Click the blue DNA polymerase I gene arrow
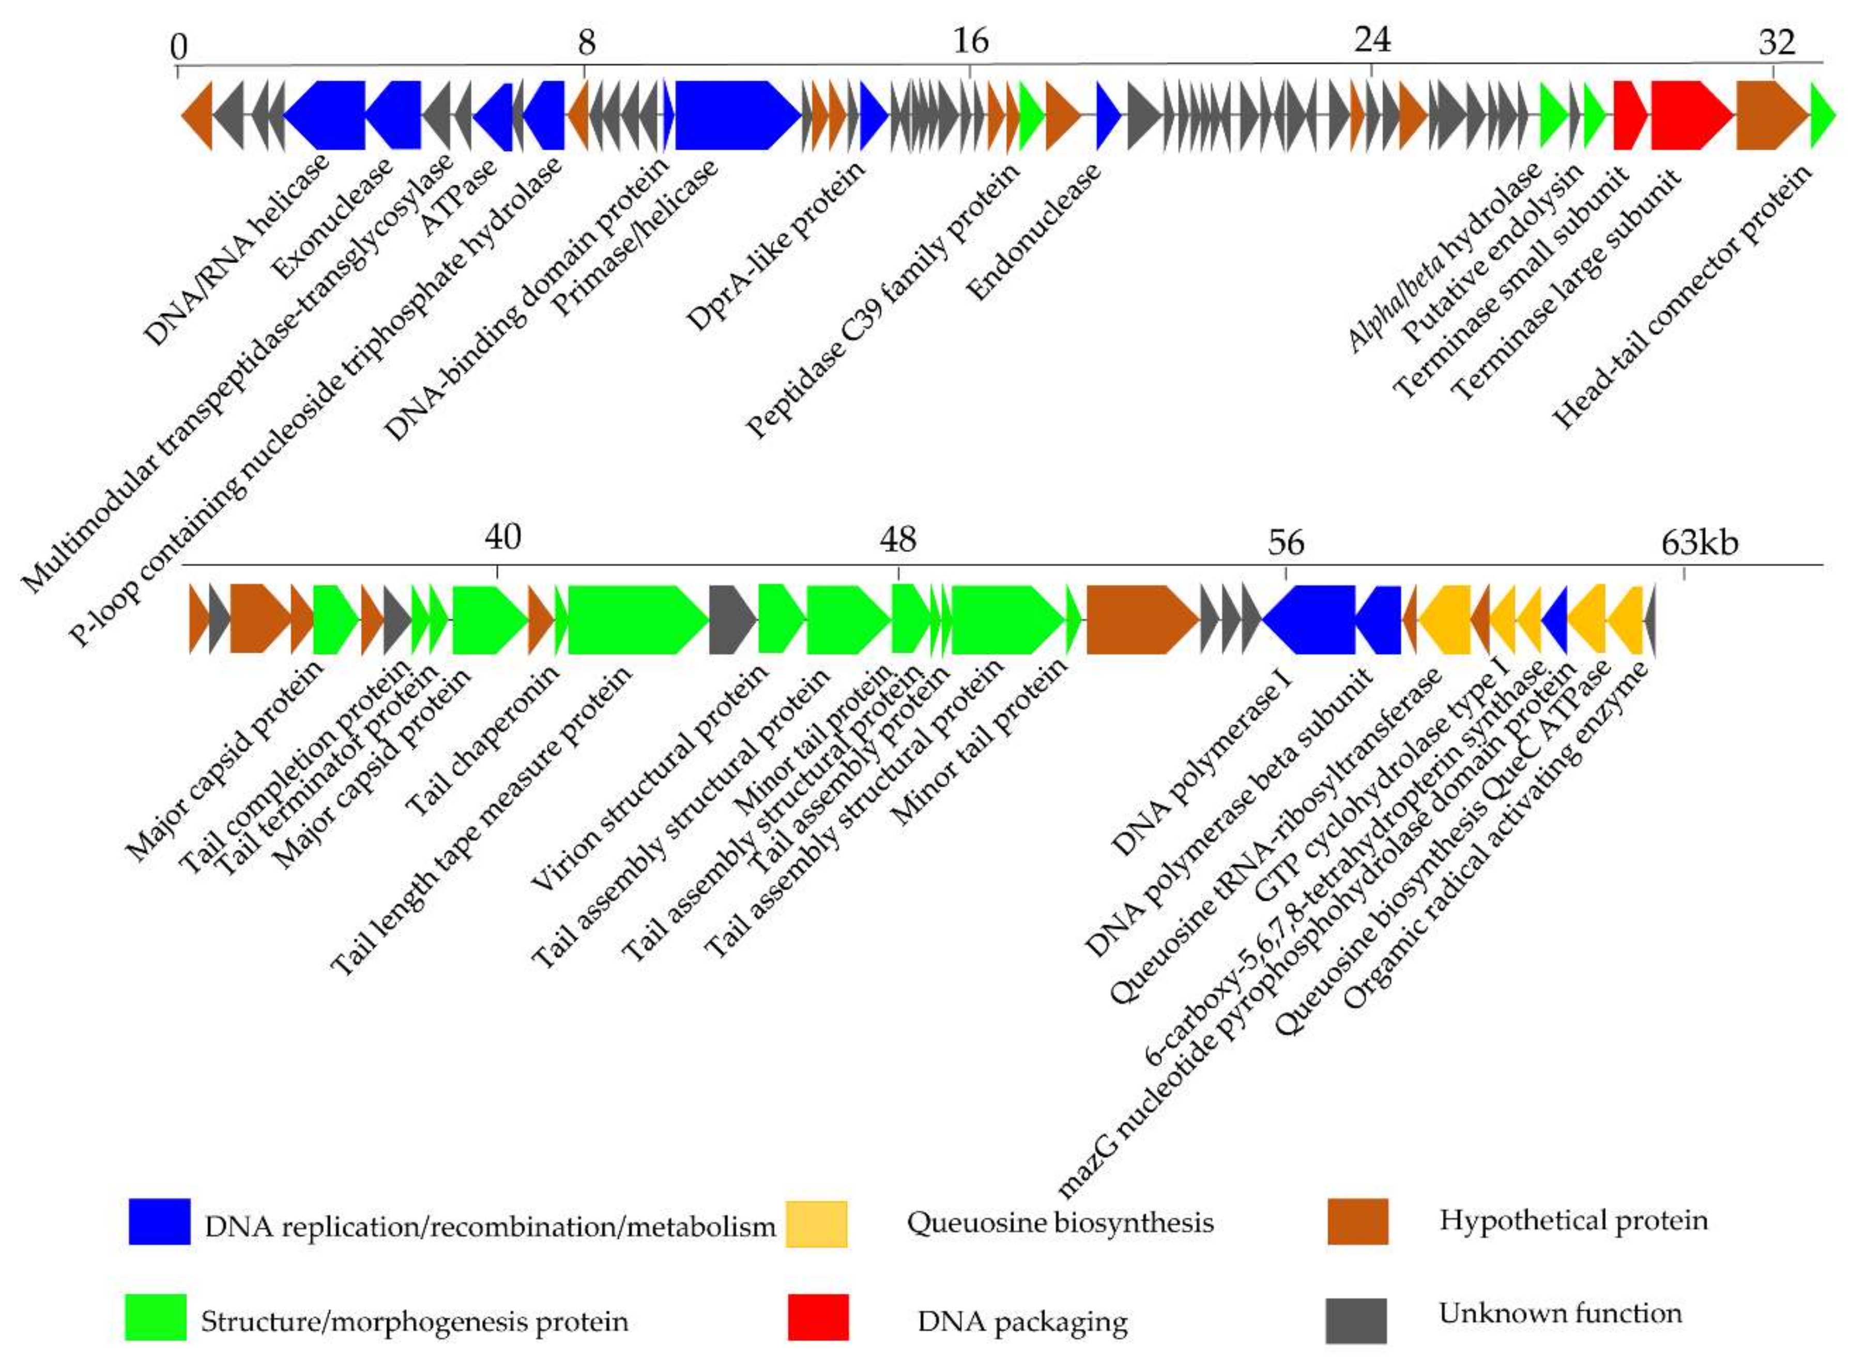point(1308,619)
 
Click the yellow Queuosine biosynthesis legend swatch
point(816,1223)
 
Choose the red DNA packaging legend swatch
point(818,1317)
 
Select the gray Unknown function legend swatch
point(1356,1319)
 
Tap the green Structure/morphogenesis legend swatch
point(156,1317)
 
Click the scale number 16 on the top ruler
point(971,40)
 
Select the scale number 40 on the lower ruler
point(503,538)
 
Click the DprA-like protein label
point(776,245)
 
